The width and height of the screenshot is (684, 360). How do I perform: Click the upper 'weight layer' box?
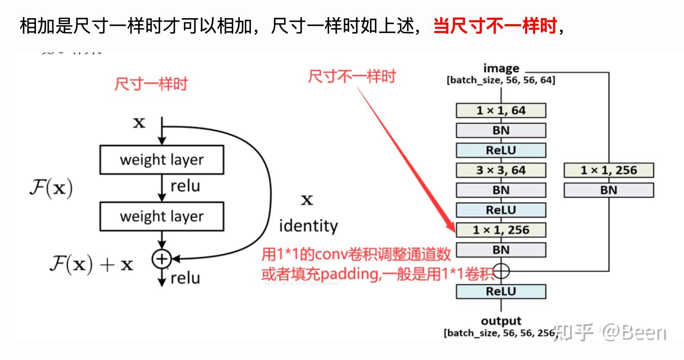[161, 160]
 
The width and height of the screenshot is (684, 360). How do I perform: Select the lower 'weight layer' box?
[161, 216]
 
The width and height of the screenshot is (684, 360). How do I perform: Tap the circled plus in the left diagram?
[161, 259]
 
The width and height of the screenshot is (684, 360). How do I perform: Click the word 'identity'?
[308, 226]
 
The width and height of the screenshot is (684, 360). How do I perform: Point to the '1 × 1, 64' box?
[501, 111]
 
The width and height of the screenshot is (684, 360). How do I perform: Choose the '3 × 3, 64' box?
[501, 170]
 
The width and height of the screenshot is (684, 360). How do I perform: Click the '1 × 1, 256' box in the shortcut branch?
[608, 170]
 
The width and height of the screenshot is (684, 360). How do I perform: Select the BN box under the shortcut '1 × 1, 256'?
[608, 190]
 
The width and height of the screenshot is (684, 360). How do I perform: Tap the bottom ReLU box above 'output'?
[501, 291]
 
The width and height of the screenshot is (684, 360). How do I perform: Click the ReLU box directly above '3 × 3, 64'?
[501, 150]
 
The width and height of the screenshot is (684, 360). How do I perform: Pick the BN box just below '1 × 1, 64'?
[501, 130]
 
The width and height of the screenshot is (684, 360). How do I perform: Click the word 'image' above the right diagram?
[501, 68]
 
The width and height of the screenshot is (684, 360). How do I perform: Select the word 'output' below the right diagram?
[501, 321]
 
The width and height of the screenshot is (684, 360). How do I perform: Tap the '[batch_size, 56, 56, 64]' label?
[501, 80]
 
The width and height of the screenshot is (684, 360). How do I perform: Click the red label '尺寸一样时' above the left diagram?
[151, 84]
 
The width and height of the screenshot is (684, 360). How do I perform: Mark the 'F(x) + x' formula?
[91, 264]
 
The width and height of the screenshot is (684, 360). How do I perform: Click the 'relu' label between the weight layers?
[185, 186]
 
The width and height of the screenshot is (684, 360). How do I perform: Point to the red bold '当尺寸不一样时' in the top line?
[495, 26]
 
